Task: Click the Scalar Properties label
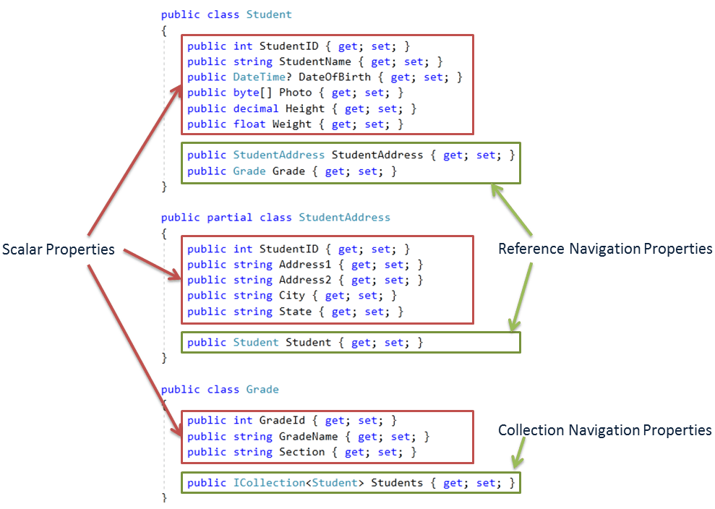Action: tap(59, 249)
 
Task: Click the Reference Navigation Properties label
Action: tap(605, 249)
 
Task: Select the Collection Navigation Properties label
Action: tap(605, 430)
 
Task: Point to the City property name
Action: tap(292, 296)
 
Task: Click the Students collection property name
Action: tap(397, 483)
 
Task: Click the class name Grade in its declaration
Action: tap(262, 389)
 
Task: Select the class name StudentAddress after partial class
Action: tap(344, 217)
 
